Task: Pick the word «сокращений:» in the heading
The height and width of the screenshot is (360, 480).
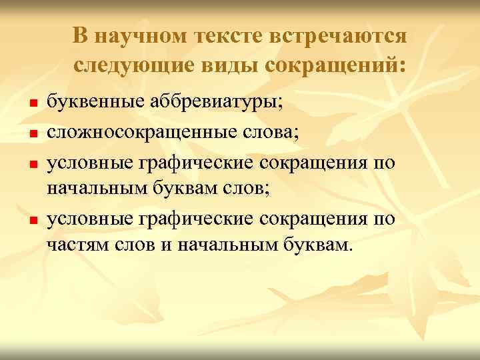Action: pos(337,67)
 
